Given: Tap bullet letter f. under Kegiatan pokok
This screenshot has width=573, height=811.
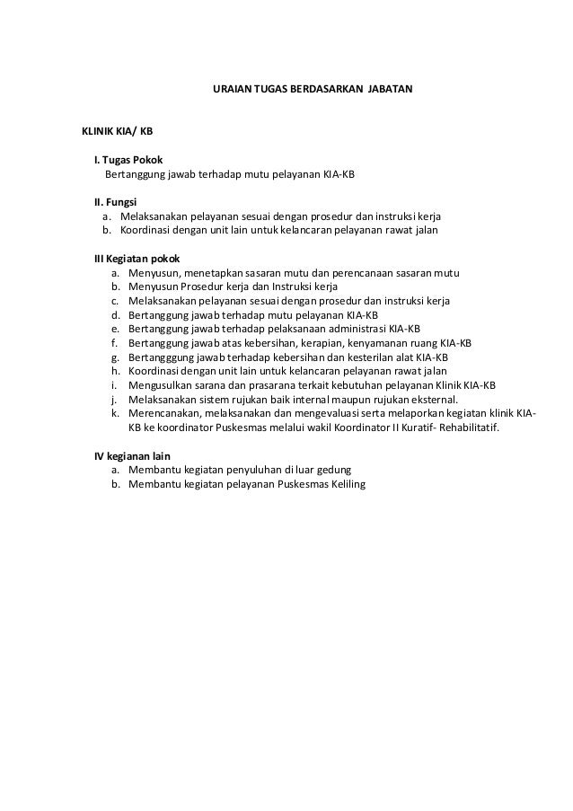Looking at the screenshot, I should tap(116, 342).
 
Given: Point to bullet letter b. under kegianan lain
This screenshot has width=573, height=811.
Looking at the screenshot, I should tap(116, 484).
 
